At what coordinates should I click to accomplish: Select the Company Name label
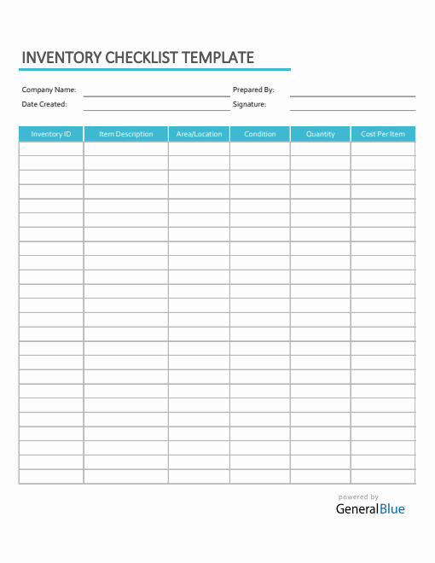tap(49, 90)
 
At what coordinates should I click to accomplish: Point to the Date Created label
tap(44, 104)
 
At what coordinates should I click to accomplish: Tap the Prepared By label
tap(253, 90)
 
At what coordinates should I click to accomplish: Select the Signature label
tap(250, 104)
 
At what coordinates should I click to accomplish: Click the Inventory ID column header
tap(51, 134)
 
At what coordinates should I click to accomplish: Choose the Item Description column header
tap(126, 134)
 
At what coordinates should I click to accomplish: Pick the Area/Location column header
tap(199, 134)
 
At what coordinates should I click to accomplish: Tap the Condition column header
tap(260, 134)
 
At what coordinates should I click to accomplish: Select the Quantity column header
tap(321, 134)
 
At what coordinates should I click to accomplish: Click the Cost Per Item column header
tap(383, 134)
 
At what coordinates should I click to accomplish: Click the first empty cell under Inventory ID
tap(51, 148)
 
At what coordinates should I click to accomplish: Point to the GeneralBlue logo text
tap(370, 509)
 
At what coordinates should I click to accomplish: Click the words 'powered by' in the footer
tap(358, 497)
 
